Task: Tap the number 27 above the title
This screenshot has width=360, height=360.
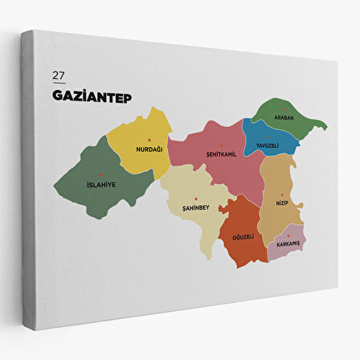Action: pyautogui.click(x=58, y=76)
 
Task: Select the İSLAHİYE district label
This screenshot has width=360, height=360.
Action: pyautogui.click(x=100, y=185)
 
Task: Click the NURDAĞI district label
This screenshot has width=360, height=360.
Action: pyautogui.click(x=149, y=149)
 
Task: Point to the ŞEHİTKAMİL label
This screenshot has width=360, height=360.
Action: pyautogui.click(x=221, y=154)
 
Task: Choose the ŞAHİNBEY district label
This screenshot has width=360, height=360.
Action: pyautogui.click(x=195, y=207)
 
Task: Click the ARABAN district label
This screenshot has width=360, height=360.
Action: pyautogui.click(x=284, y=117)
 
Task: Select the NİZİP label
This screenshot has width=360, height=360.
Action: pyautogui.click(x=281, y=203)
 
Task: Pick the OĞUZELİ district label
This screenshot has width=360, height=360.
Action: pyautogui.click(x=243, y=237)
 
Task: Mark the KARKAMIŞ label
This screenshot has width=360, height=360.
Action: pyautogui.click(x=287, y=243)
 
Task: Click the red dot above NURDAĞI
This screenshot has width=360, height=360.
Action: pyautogui.click(x=149, y=141)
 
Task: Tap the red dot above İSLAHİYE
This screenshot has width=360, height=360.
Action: pyautogui.click(x=100, y=175)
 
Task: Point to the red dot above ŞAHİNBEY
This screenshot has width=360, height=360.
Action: pyautogui.click(x=195, y=198)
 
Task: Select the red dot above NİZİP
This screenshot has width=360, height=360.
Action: pyautogui.click(x=281, y=194)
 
